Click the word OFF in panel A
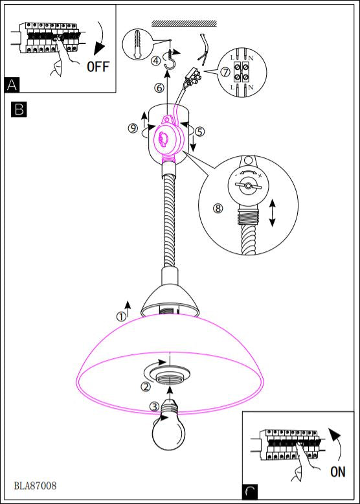pyautogui.click(x=98, y=67)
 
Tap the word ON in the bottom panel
pyautogui.click(x=338, y=472)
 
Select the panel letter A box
pyautogui.click(x=12, y=85)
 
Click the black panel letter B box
pyautogui.click(x=19, y=109)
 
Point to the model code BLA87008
pyautogui.click(x=36, y=485)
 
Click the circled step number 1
pyautogui.click(x=121, y=317)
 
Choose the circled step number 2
pyautogui.click(x=146, y=387)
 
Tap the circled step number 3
pyautogui.click(x=155, y=407)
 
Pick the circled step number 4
pyautogui.click(x=156, y=60)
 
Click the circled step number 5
pyautogui.click(x=199, y=132)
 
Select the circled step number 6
pyautogui.click(x=159, y=87)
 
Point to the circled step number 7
pyautogui.click(x=225, y=72)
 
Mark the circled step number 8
pyautogui.click(x=218, y=209)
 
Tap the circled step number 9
pyautogui.click(x=133, y=128)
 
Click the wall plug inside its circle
pyautogui.click(x=138, y=44)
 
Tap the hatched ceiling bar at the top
pyautogui.click(x=184, y=23)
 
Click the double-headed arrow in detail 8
pyautogui.click(x=273, y=212)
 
